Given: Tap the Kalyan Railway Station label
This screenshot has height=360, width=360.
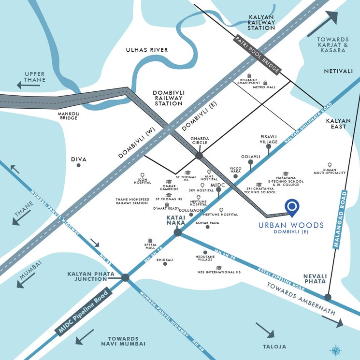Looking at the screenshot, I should coord(261,22).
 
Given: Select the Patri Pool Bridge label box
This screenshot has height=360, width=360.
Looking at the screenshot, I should coord(257,55).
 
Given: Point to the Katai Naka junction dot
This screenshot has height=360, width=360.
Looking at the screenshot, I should coord(178,232).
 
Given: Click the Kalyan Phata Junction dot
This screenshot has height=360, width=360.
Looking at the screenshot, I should coord(126,277).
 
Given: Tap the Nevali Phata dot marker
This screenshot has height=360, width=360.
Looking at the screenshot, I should coord(328,297).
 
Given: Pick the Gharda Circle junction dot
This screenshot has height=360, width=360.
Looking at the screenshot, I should coord(199,156).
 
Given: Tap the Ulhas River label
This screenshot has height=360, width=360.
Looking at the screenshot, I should coord(147,50).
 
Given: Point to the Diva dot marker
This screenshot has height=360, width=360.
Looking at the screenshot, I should coord(78,165).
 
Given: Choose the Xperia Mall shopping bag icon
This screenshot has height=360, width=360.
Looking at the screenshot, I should coord(151,240).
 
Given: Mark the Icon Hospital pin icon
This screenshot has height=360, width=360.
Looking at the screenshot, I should coord(143,175).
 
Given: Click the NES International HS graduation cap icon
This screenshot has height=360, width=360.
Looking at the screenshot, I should coord(218,267).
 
